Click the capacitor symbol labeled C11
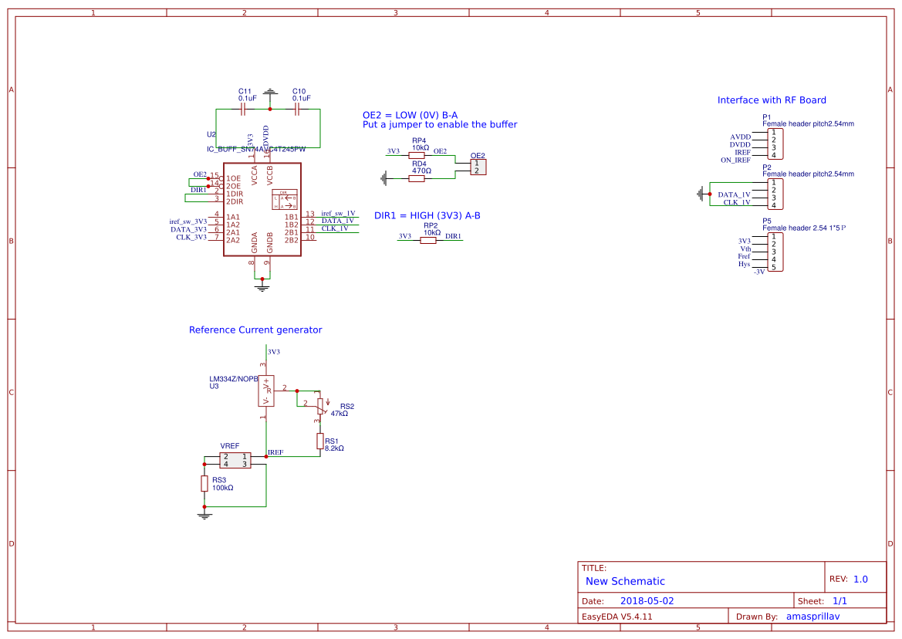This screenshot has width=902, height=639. click(243, 110)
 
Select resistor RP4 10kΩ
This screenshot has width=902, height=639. click(417, 155)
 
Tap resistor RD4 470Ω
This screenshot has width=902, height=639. click(417, 178)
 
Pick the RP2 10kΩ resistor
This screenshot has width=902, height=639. click(428, 240)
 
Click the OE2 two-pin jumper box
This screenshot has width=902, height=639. click(478, 167)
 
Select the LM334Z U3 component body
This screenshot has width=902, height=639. click(266, 390)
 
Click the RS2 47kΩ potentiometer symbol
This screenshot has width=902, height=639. click(319, 406)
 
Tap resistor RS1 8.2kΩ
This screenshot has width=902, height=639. click(319, 441)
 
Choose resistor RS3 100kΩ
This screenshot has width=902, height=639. click(204, 483)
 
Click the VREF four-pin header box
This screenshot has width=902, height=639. click(235, 461)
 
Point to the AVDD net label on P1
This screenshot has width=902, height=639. click(740, 137)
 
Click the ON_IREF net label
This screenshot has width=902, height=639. click(735, 161)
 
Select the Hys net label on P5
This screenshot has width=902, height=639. click(744, 264)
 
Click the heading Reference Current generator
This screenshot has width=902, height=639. click(255, 330)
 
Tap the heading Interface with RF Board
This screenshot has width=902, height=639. click(772, 100)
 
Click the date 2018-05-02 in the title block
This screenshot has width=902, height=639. click(647, 600)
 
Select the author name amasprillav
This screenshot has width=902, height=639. click(812, 617)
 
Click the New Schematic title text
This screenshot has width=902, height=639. click(625, 581)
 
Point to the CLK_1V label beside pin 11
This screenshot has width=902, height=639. click(335, 228)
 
